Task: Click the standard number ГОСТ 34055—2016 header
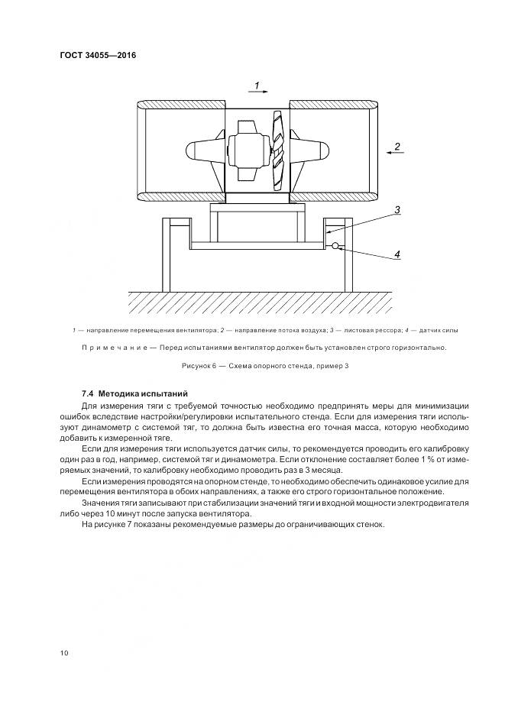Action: tap(92, 55)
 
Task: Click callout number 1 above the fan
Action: tap(257, 84)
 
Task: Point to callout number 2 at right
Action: tap(397, 145)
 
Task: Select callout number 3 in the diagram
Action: tap(397, 208)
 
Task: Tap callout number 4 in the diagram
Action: tap(397, 253)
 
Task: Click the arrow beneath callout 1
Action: tap(257, 92)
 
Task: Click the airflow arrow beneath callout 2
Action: tap(396, 154)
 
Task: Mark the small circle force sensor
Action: tap(335, 245)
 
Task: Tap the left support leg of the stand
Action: tap(166, 256)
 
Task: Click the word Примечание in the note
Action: tap(114, 348)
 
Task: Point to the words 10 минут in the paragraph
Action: tap(127, 514)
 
